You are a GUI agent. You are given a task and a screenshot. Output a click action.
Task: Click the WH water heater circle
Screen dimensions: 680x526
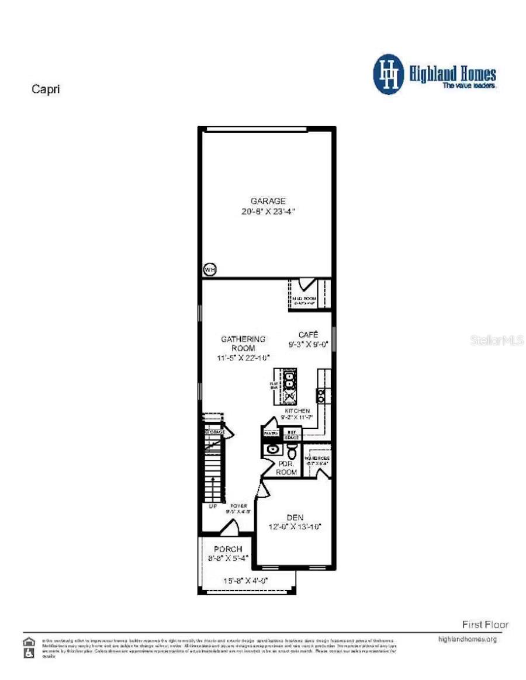pyautogui.click(x=209, y=269)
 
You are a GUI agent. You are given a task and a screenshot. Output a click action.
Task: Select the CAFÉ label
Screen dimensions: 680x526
pyautogui.click(x=308, y=335)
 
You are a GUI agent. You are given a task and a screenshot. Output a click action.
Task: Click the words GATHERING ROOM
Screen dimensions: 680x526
pyautogui.click(x=243, y=344)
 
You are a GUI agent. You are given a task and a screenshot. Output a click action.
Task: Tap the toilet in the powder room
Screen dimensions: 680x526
pyautogui.click(x=292, y=450)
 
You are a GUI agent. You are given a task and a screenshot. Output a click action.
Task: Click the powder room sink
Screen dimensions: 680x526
pyautogui.click(x=271, y=450)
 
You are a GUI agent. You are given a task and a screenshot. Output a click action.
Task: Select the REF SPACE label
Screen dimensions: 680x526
pyautogui.click(x=291, y=435)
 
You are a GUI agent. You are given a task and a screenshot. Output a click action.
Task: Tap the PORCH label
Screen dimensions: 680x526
pyautogui.click(x=228, y=549)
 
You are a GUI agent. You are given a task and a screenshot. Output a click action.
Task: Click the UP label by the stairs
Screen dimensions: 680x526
pyautogui.click(x=213, y=506)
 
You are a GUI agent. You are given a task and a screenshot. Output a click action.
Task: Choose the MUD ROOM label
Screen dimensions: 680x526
pyautogui.click(x=303, y=299)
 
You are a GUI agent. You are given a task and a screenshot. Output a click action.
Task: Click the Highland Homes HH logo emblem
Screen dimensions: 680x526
pyautogui.click(x=389, y=74)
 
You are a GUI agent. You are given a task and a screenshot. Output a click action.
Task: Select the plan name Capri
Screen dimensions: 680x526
pyautogui.click(x=46, y=89)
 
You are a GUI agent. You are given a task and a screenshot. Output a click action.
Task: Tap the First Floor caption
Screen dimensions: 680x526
pyautogui.click(x=485, y=625)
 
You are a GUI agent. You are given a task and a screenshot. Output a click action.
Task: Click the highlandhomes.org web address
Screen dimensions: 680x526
pyautogui.click(x=467, y=639)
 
